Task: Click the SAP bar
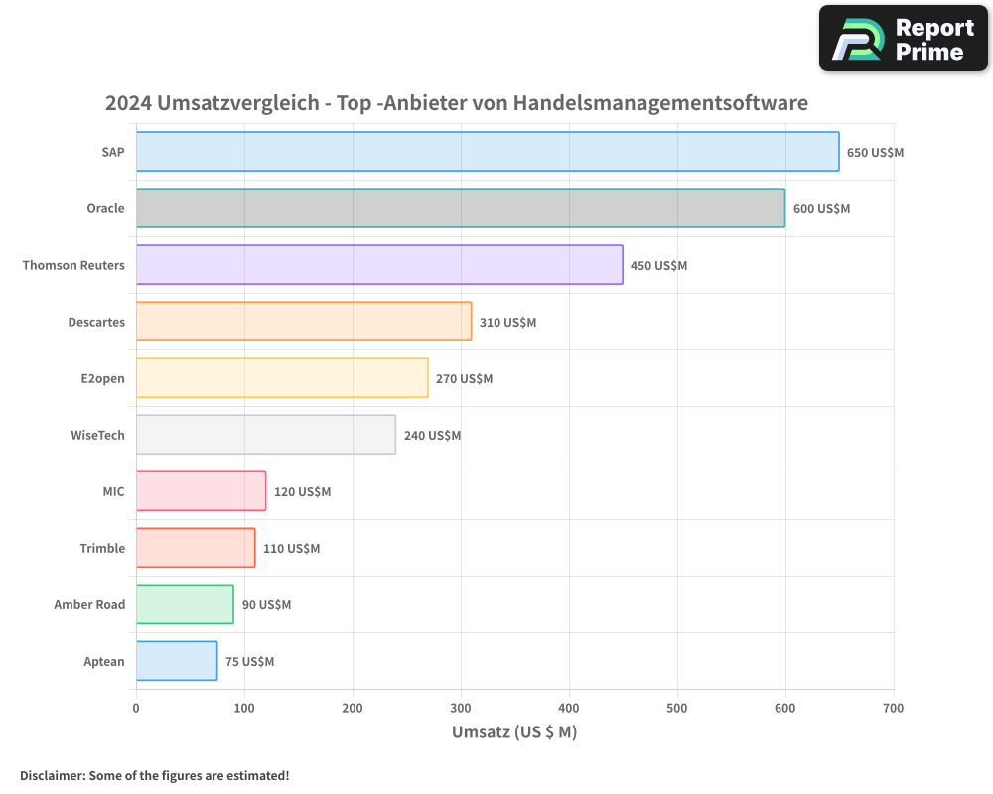(x=487, y=152)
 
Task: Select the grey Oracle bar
(x=460, y=208)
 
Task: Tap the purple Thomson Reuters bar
(x=379, y=265)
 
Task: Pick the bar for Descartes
(x=303, y=322)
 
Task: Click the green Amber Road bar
(x=185, y=604)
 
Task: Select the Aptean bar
(x=177, y=661)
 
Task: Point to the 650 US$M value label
(x=875, y=153)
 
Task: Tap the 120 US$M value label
(x=302, y=492)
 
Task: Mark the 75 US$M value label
(x=249, y=662)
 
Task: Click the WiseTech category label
(x=97, y=435)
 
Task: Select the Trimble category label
(x=102, y=548)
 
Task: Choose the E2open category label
(x=102, y=378)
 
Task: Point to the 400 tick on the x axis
(x=569, y=708)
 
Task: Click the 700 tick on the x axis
(x=893, y=708)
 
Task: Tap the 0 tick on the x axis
(x=136, y=708)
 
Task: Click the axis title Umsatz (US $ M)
(x=514, y=732)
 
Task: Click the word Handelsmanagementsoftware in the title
(x=660, y=103)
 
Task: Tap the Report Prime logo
(x=903, y=39)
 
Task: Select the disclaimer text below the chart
(x=154, y=775)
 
